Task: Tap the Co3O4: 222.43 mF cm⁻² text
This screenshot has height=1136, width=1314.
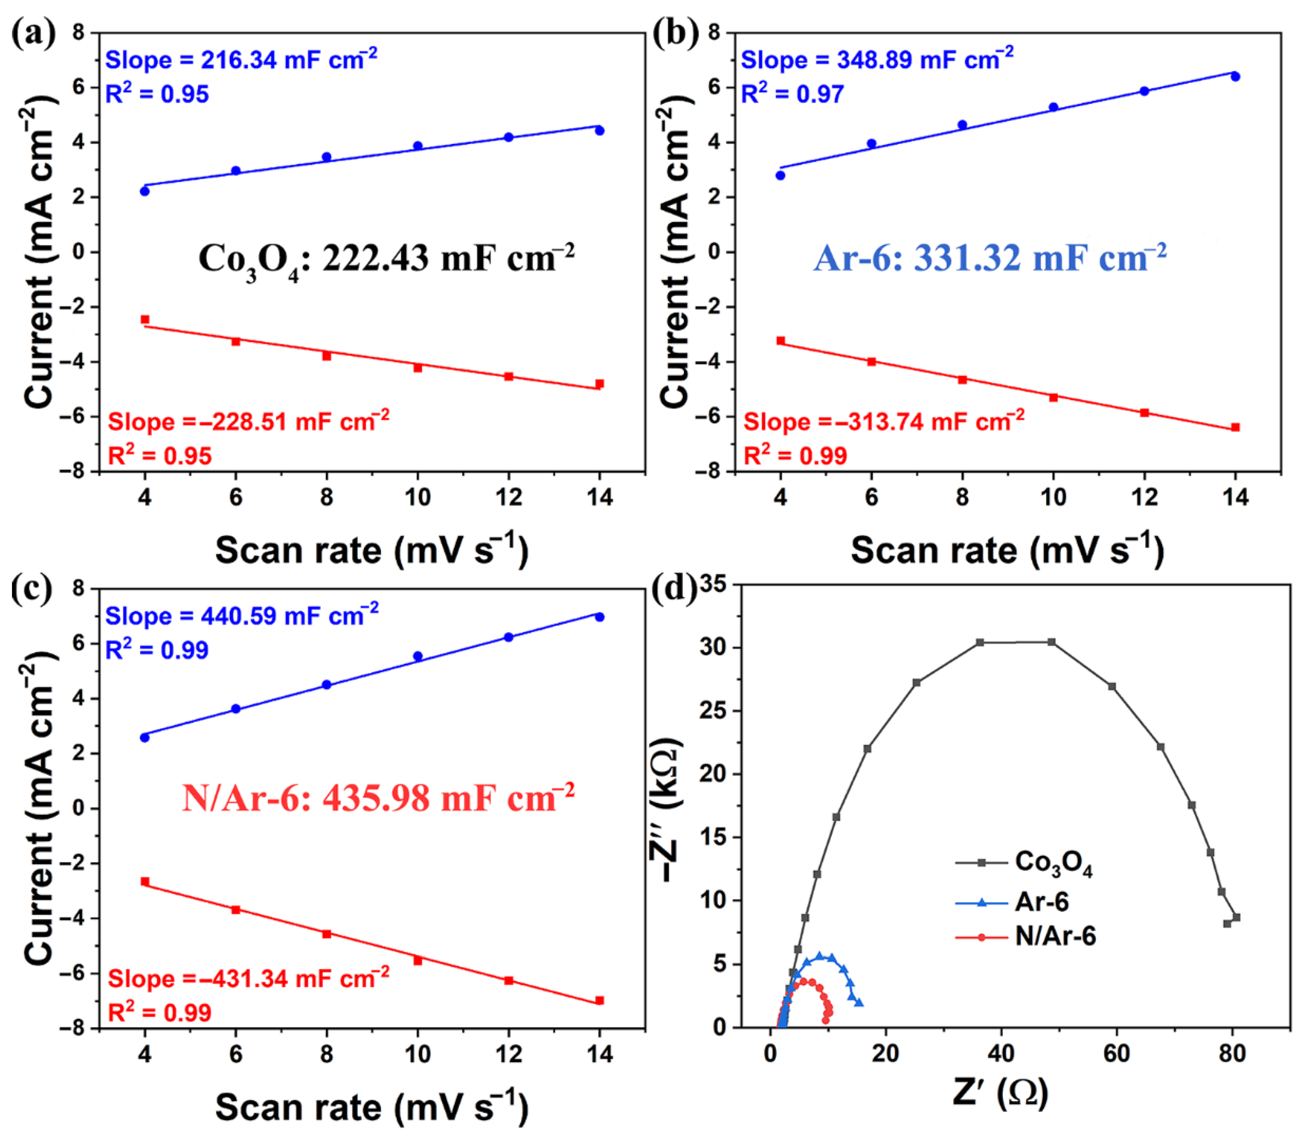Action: coord(385,259)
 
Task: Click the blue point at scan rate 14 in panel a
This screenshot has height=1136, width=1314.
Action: coord(599,131)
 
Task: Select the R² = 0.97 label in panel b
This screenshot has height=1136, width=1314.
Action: coord(792,94)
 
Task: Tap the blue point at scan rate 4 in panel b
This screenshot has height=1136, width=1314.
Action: coord(781,176)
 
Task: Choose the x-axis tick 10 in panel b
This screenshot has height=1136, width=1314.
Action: coord(1054,497)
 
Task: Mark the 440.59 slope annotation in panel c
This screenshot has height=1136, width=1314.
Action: coord(241,616)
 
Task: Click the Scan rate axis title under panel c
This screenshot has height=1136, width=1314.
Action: coord(372,1107)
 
